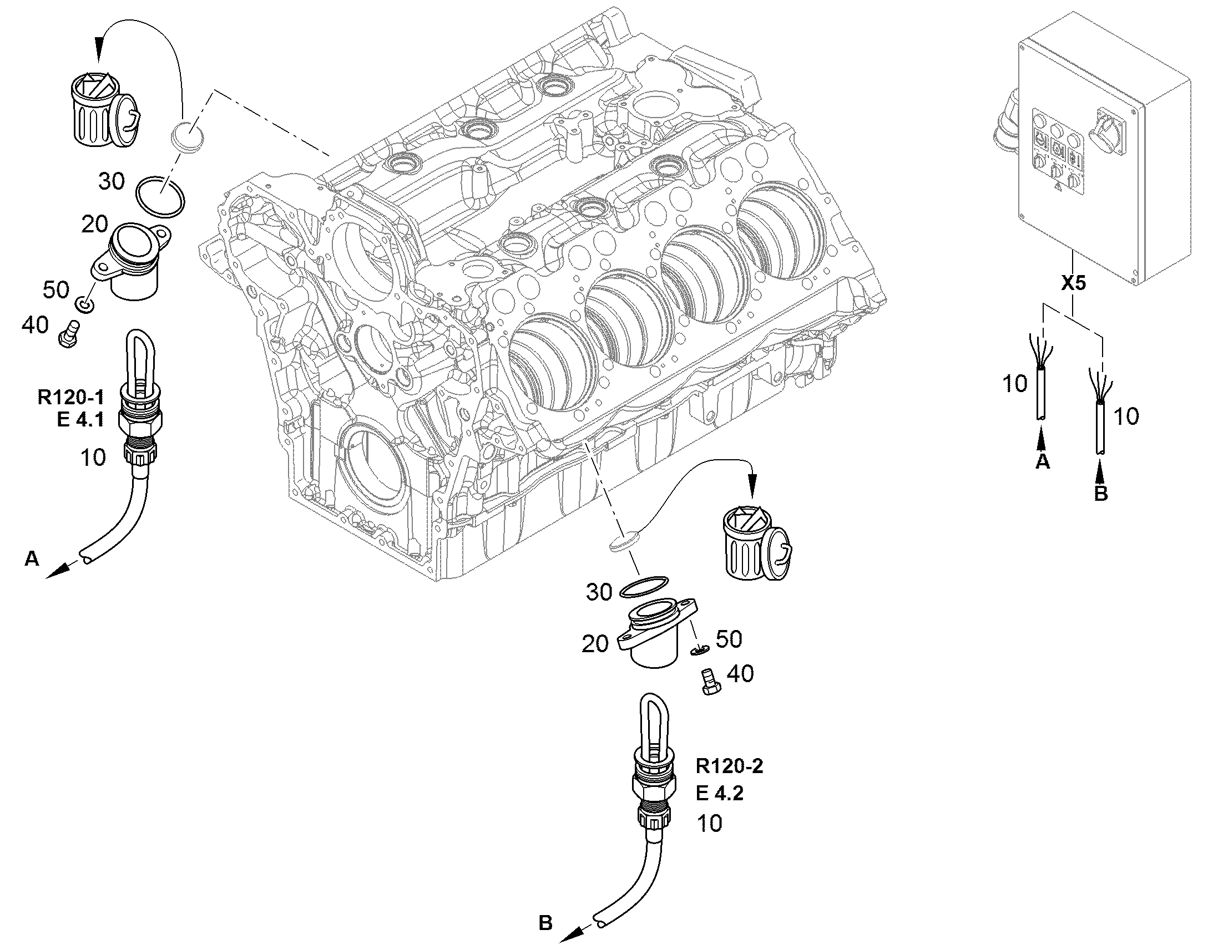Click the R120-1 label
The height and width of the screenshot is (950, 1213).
[70, 397]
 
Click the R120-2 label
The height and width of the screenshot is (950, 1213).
[730, 766]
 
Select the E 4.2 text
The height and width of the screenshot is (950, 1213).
[720, 794]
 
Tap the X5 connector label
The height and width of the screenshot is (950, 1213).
[1073, 283]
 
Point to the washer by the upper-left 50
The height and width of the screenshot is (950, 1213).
[84, 304]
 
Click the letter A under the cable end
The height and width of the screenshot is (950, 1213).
[1043, 460]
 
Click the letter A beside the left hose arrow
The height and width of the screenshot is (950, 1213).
[32, 558]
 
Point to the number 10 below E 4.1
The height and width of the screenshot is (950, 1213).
[93, 458]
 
